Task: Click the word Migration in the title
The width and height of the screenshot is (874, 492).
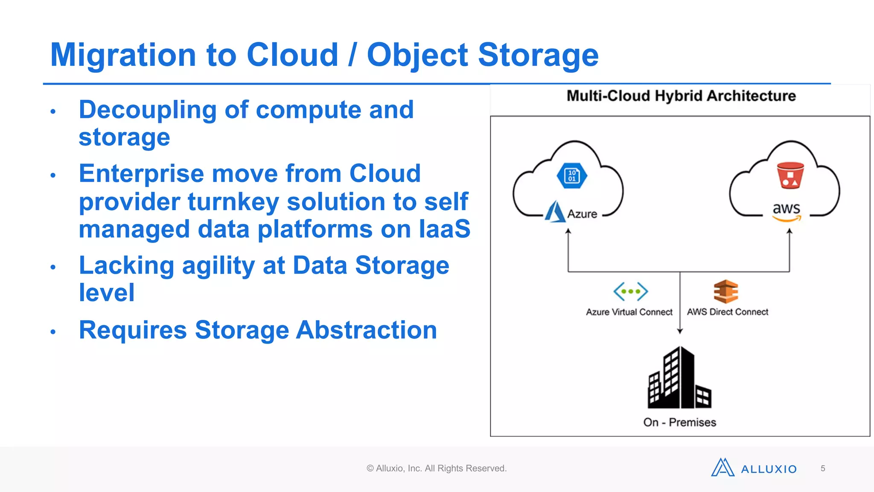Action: pyautogui.click(x=123, y=56)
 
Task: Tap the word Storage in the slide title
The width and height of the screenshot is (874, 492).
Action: pyautogui.click(x=538, y=56)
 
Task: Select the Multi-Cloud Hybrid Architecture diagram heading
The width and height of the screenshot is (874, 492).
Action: pyautogui.click(x=681, y=96)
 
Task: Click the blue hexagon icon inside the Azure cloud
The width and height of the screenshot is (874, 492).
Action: pyautogui.click(x=572, y=176)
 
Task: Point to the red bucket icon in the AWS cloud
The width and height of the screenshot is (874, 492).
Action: pyautogui.click(x=790, y=176)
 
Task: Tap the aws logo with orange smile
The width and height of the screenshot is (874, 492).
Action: pyautogui.click(x=786, y=211)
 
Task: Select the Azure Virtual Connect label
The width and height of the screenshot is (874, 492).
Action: pyautogui.click(x=629, y=312)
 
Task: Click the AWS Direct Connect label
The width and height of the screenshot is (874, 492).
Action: pyautogui.click(x=727, y=312)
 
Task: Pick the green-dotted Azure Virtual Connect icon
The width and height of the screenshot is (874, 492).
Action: pyautogui.click(x=630, y=292)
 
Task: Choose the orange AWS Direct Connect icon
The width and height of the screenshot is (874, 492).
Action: pyautogui.click(x=725, y=291)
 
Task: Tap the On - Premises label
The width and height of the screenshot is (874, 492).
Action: pyautogui.click(x=679, y=422)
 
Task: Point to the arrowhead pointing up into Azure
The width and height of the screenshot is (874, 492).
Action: pyautogui.click(x=568, y=231)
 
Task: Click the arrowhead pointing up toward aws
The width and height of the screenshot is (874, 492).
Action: pyautogui.click(x=790, y=231)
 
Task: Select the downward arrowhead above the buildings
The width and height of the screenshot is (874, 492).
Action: pyautogui.click(x=680, y=331)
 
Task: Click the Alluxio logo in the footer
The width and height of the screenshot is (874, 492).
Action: pyautogui.click(x=754, y=468)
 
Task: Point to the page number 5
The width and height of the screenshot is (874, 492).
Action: pyautogui.click(x=823, y=469)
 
